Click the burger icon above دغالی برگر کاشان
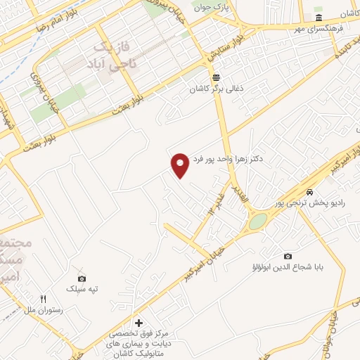[216, 78]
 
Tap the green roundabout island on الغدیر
[258, 221]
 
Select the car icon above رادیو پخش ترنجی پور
[309, 192]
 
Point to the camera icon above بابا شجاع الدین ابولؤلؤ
[287, 256]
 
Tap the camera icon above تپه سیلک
[82, 278]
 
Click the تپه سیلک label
[82, 290]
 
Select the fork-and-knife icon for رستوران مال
[44, 299]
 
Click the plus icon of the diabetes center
[138, 322]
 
